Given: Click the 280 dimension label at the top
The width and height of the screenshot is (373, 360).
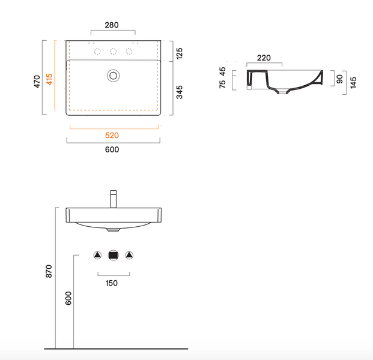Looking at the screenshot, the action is (x=112, y=25).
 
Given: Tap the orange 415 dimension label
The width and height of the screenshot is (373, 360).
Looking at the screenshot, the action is (x=49, y=79).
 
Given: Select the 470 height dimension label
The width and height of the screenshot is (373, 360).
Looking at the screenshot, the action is (x=37, y=81).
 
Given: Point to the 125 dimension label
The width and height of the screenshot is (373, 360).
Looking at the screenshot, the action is (x=180, y=53).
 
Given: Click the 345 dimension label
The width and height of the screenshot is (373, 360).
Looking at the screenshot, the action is (x=180, y=92).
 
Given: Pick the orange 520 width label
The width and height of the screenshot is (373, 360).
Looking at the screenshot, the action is (x=112, y=135).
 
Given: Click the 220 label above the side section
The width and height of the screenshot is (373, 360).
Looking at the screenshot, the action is (x=264, y=58).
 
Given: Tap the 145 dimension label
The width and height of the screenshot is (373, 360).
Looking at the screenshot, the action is (x=353, y=83).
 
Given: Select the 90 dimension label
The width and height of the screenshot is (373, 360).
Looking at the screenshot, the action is (x=340, y=79).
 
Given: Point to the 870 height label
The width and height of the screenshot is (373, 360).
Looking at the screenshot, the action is (x=49, y=271).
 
